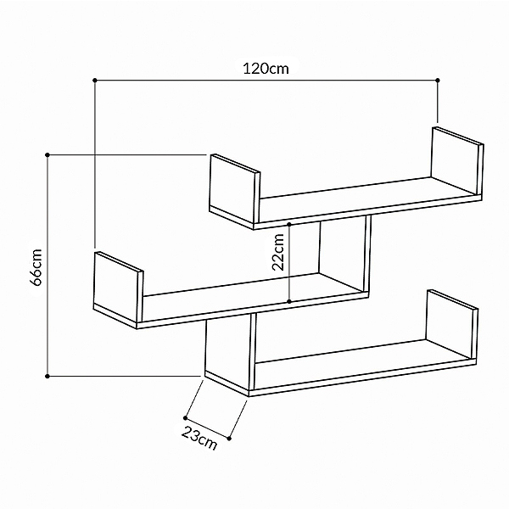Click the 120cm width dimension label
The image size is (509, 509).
point(266,70)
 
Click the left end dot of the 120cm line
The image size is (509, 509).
point(95,81)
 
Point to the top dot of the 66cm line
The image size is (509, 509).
point(48,154)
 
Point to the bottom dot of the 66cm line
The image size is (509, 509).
point(48,374)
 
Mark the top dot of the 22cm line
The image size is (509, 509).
point(290,224)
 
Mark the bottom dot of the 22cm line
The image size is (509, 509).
point(290,301)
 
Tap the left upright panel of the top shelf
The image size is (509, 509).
point(232,188)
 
